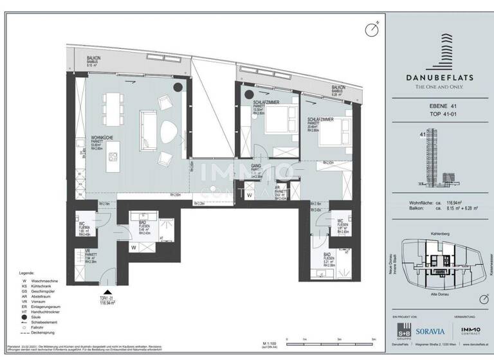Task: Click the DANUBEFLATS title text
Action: point(440,77)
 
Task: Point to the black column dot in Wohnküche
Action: point(177,87)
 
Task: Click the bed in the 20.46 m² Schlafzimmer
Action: point(324,136)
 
